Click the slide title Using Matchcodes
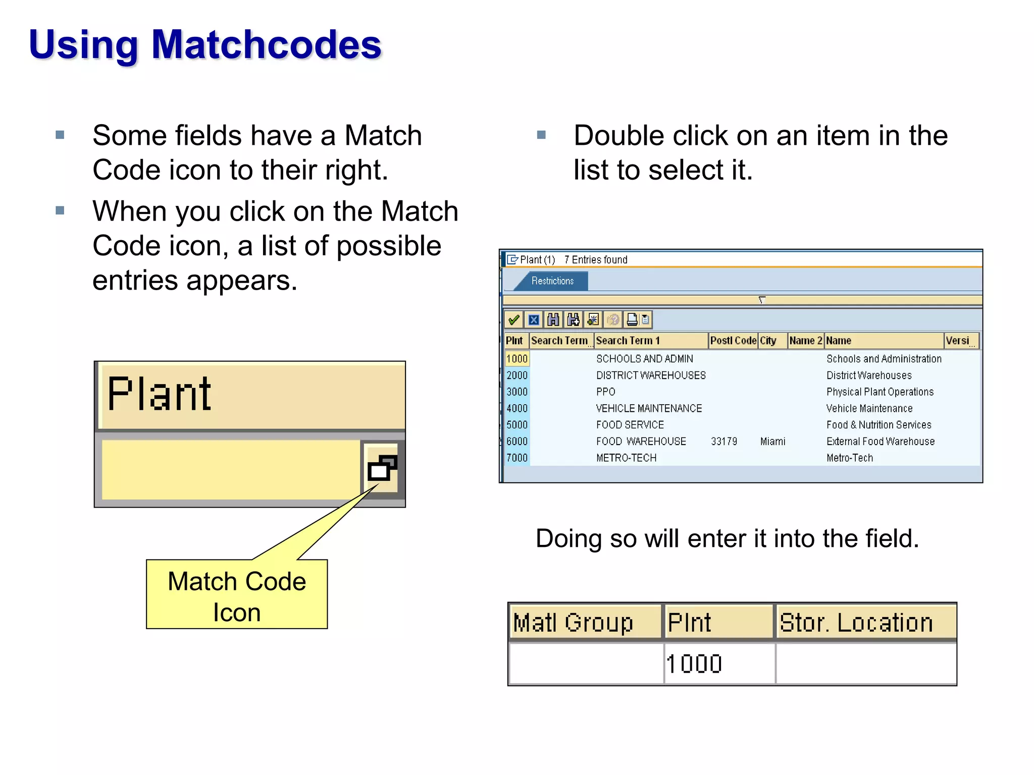(x=205, y=44)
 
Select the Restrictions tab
(x=552, y=281)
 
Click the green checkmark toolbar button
(x=514, y=320)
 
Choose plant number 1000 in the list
(x=516, y=359)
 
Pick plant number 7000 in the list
(x=516, y=458)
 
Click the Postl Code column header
(x=733, y=341)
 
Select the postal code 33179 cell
(x=723, y=441)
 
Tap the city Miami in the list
(x=772, y=441)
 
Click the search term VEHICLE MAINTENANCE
(x=649, y=408)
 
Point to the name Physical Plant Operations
(x=880, y=392)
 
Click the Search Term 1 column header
(x=628, y=341)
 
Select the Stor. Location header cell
(x=856, y=623)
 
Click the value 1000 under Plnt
(x=694, y=664)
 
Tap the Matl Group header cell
(x=573, y=623)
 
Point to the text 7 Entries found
(x=596, y=260)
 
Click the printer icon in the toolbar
(x=632, y=320)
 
